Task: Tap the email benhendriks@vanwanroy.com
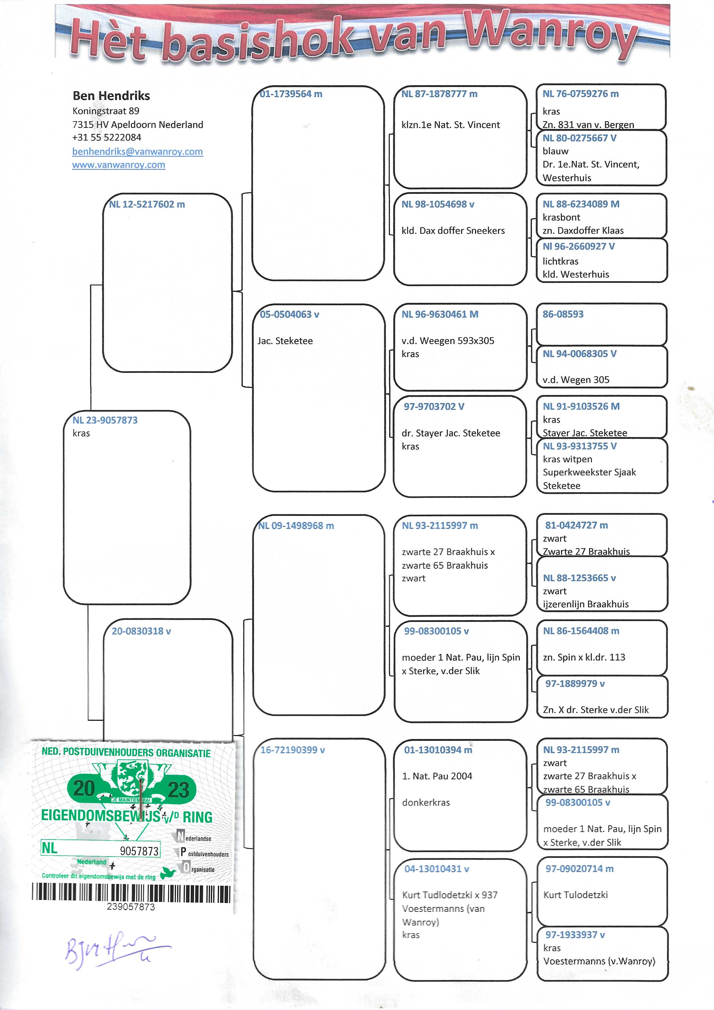click(x=137, y=152)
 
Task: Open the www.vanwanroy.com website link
click(x=119, y=165)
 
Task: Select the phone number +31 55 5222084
click(x=107, y=138)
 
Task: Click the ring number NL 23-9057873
click(x=105, y=420)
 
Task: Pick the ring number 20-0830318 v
click(x=141, y=631)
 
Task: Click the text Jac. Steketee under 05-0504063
click(x=285, y=341)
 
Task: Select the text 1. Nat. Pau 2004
click(x=437, y=777)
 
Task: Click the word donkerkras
click(x=426, y=803)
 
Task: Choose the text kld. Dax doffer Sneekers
click(x=453, y=231)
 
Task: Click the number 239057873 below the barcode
click(x=131, y=907)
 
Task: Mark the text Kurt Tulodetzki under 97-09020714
click(x=576, y=895)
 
